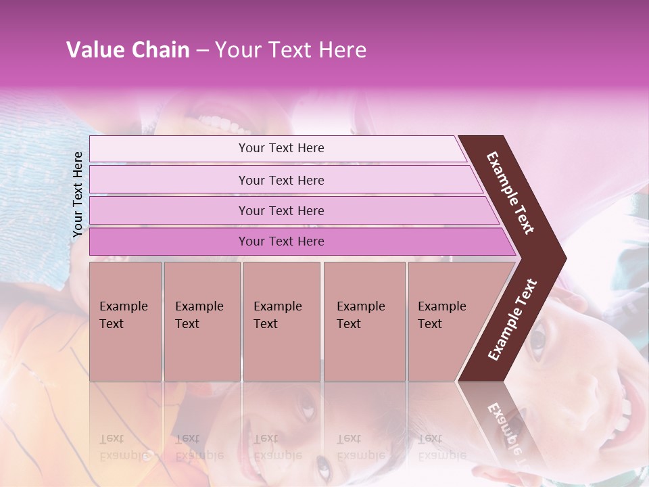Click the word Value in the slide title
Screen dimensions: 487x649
(x=94, y=50)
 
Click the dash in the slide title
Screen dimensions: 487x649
(x=202, y=51)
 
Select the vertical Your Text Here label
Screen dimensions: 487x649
(x=78, y=194)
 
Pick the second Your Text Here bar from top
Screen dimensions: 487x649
(x=281, y=180)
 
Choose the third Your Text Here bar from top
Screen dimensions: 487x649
(x=281, y=210)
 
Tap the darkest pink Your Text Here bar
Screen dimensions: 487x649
(x=281, y=241)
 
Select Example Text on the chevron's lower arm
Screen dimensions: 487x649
(x=512, y=319)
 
